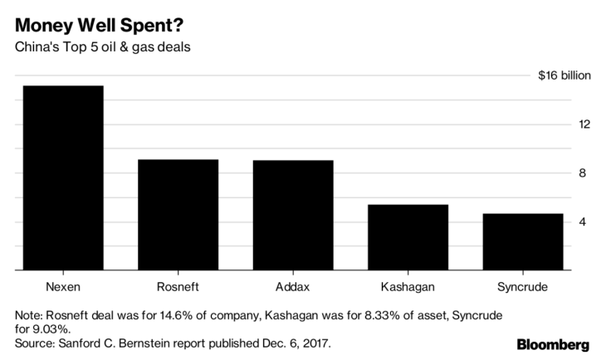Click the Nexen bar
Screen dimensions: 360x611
pos(63,178)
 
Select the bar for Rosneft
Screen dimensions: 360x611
pos(178,215)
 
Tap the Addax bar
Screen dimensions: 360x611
pos(292,215)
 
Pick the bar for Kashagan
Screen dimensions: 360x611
pos(408,237)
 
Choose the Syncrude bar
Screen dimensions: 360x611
pos(522,242)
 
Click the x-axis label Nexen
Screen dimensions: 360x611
pos(63,287)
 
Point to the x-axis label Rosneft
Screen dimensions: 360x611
pos(178,287)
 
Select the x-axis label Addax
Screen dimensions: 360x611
pos(292,287)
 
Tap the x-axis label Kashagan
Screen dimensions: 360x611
pos(408,287)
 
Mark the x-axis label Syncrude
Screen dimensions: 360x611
pos(522,287)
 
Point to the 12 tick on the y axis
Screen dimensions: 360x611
pos(584,124)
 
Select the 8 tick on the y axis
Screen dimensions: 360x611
pos(584,173)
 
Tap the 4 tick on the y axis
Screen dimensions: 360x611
pos(584,222)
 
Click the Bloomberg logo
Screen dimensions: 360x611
pos(554,344)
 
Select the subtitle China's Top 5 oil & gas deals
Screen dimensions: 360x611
pos(105,46)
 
